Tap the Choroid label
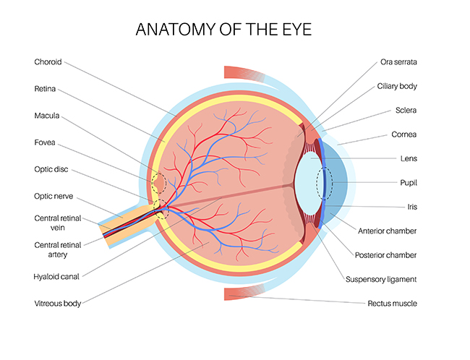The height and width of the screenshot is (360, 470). point(48,61)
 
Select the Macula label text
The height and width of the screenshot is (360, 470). point(47,116)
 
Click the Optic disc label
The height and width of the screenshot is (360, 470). point(51,169)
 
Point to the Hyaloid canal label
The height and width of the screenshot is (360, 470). point(56,276)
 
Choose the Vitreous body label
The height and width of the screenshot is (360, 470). point(58,304)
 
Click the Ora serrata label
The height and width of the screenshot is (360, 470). point(398,61)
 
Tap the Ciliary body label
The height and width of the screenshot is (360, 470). point(397,86)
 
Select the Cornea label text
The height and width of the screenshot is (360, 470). point(403,134)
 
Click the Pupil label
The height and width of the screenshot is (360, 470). point(409,183)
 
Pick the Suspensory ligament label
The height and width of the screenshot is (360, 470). point(381,279)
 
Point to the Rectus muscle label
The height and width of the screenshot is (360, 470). point(392,304)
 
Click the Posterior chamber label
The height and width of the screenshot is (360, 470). point(385,255)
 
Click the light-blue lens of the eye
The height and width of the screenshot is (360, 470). point(309,184)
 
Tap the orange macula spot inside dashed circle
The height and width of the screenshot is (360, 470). point(160,182)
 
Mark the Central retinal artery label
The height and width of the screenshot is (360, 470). point(58,249)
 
